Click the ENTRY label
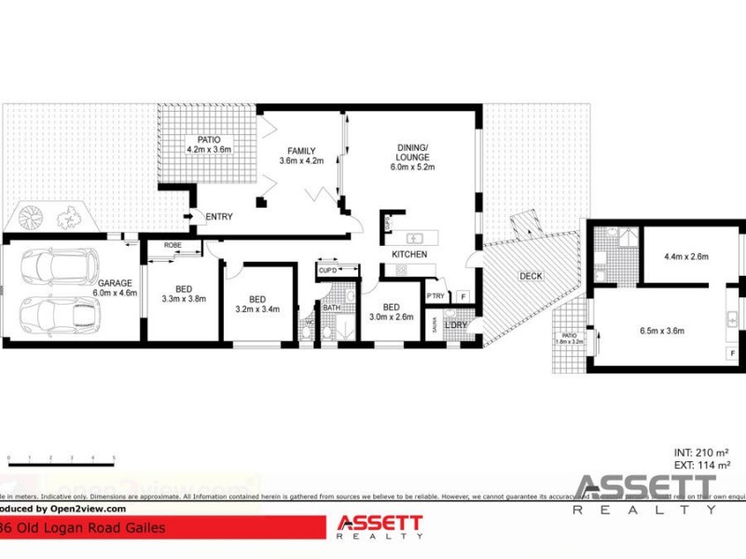[219, 217]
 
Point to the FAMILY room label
[301, 151]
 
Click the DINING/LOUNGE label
[411, 152]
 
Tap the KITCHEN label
[409, 254]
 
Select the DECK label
[532, 276]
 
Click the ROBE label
[173, 245]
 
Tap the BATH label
[332, 307]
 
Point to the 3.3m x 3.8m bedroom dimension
[182, 299]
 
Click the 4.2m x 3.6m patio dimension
[208, 149]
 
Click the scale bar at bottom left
[61, 458]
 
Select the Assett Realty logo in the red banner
[380, 526]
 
